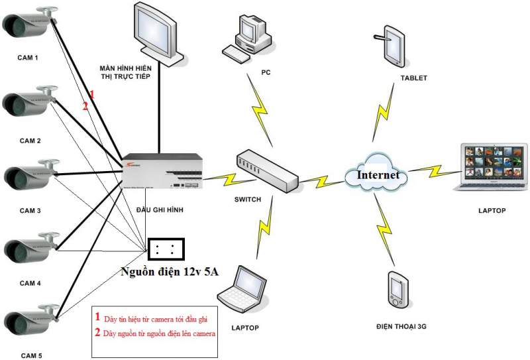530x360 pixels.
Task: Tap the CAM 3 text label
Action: (30, 211)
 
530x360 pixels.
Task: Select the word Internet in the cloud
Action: (378, 176)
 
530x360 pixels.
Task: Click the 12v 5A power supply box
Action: (166, 249)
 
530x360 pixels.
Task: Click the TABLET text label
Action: (414, 78)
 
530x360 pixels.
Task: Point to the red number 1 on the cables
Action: (92, 95)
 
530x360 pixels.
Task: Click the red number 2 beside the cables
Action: (85, 105)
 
